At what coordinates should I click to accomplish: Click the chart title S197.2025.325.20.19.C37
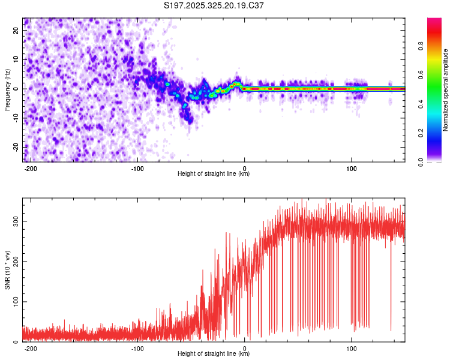click(214, 5)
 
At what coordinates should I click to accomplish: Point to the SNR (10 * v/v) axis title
click(7, 270)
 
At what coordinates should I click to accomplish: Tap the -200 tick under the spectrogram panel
click(31, 169)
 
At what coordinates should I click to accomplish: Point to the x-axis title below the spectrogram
click(214, 174)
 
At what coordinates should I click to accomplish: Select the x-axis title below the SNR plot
click(214, 354)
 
